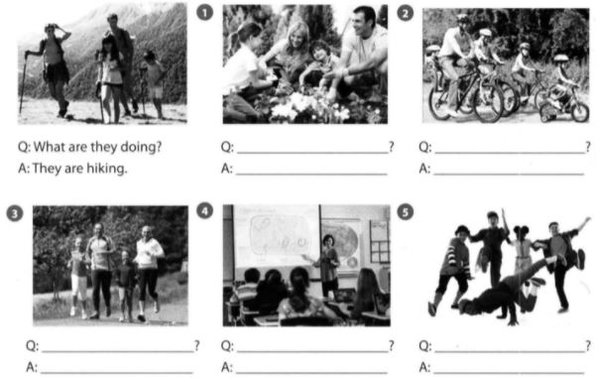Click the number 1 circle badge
click(x=204, y=13)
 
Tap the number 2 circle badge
click(x=405, y=14)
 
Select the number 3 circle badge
click(x=15, y=213)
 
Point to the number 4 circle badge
click(x=204, y=210)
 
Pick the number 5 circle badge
click(x=405, y=212)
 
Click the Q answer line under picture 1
click(x=312, y=153)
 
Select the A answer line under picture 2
click(x=509, y=175)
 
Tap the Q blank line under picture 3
click(x=117, y=351)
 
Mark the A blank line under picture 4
click(x=311, y=372)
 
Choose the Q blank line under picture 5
click(x=510, y=351)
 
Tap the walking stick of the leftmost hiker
click(x=23, y=82)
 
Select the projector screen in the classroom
click(x=277, y=236)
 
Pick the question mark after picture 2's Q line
click(x=588, y=147)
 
